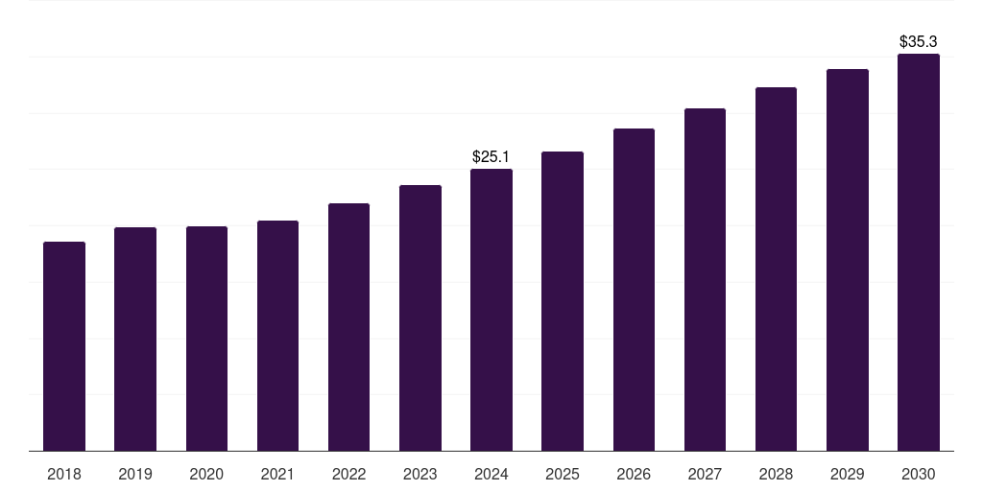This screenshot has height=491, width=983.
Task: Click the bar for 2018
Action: [64, 346]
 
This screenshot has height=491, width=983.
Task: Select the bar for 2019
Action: [135, 339]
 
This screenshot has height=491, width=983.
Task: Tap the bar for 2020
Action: [206, 339]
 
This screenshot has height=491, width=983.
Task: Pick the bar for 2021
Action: [277, 336]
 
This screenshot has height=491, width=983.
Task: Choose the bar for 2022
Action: [348, 327]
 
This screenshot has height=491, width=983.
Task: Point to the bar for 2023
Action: [420, 318]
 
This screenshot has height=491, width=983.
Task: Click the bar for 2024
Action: [491, 310]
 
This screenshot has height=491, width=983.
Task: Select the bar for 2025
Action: [563, 301]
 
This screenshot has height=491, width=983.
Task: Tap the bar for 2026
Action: [634, 290]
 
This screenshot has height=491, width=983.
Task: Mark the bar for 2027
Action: [705, 279]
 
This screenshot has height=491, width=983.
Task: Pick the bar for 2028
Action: [776, 269]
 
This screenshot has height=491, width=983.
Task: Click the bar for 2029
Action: [848, 260]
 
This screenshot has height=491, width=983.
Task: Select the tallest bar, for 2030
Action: [919, 252]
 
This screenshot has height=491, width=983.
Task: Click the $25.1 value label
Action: [491, 156]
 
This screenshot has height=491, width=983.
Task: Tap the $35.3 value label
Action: [918, 42]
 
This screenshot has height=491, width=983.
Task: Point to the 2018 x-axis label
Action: [64, 474]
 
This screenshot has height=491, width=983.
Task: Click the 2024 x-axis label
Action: [491, 474]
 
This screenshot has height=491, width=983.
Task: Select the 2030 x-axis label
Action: [919, 474]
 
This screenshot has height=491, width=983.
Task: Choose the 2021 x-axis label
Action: [277, 474]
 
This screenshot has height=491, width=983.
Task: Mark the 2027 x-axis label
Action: [705, 474]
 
